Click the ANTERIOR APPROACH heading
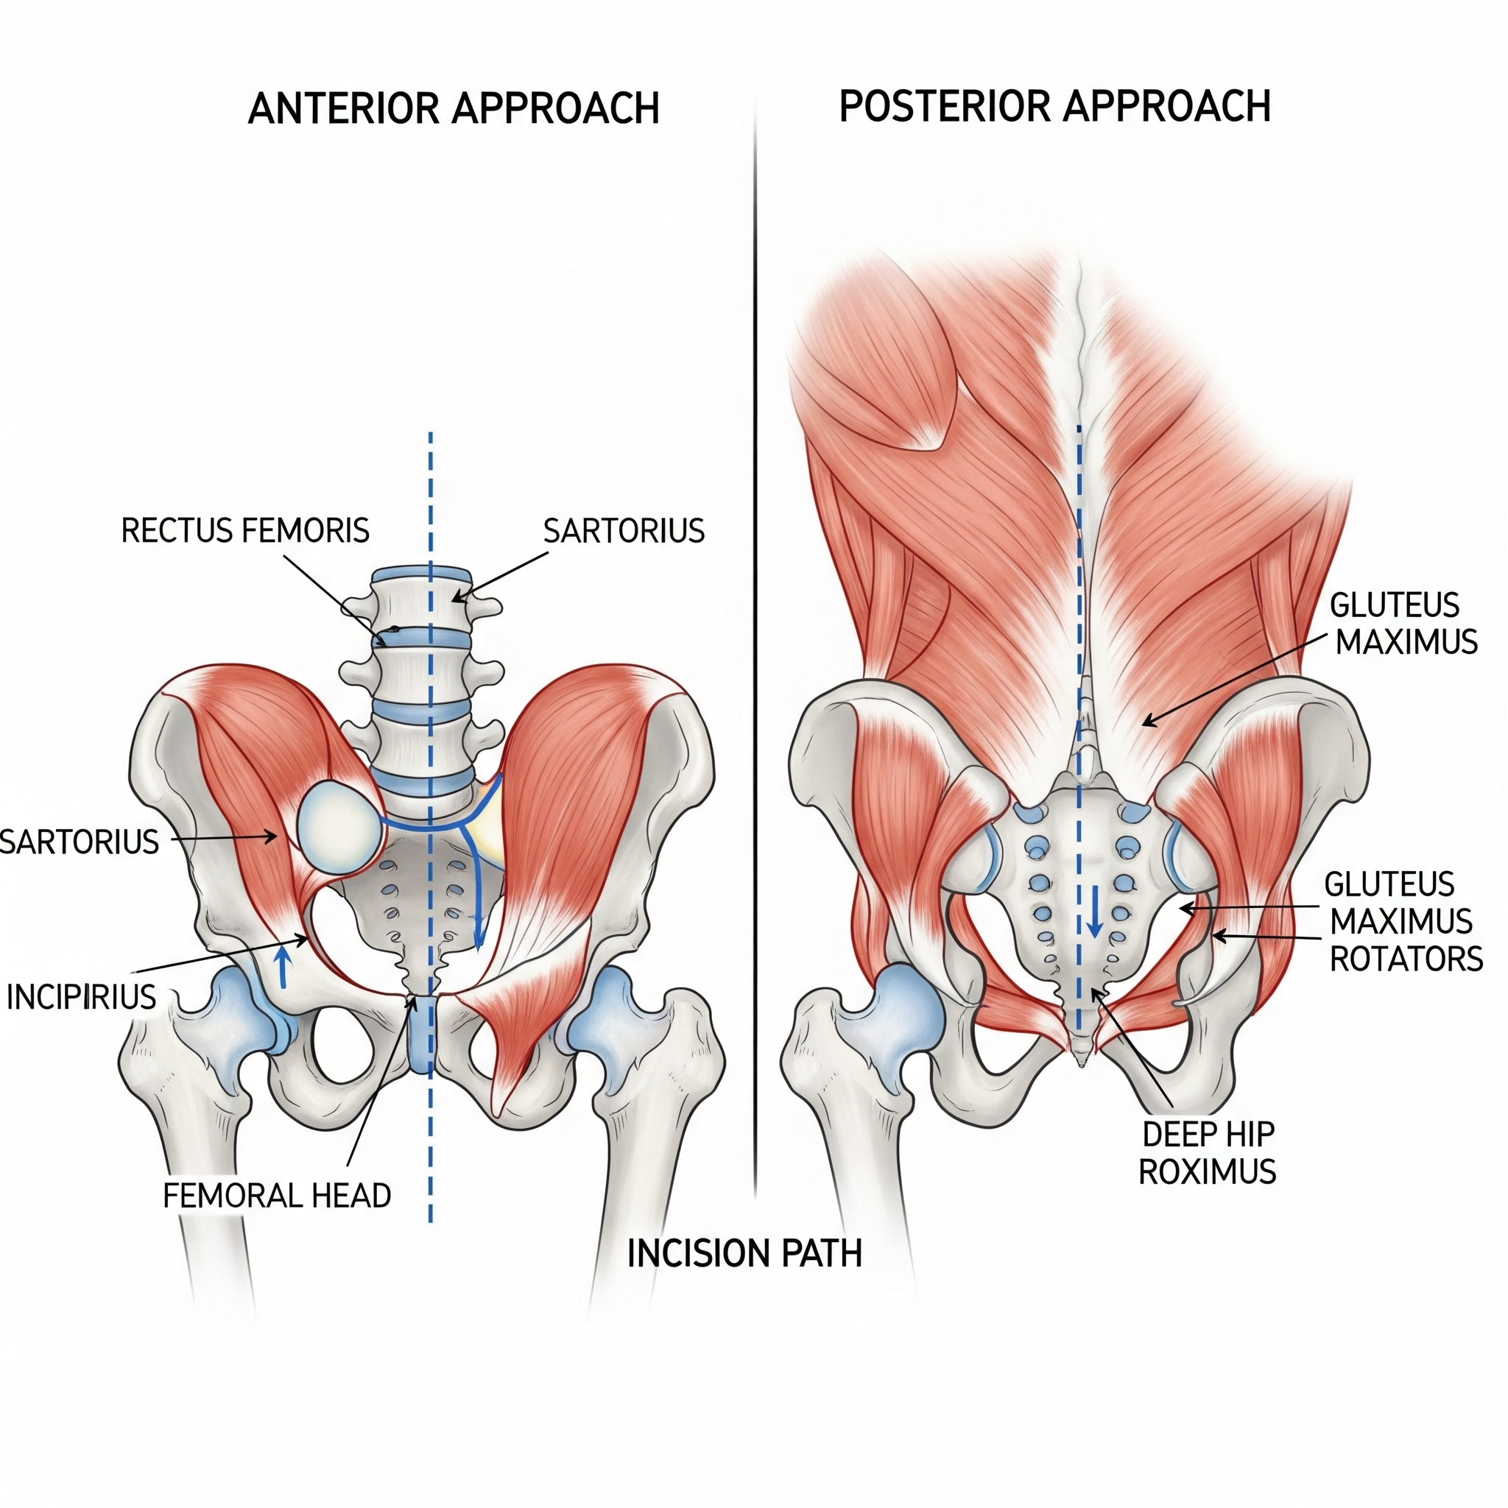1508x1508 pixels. (x=454, y=108)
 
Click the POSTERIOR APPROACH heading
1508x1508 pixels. (x=1054, y=106)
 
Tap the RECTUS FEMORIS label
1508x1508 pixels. (x=245, y=531)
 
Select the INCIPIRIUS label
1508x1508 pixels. (x=81, y=997)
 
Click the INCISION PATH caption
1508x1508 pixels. (x=744, y=1253)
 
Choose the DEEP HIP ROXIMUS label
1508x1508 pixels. (x=1207, y=1153)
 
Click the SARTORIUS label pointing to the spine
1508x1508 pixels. (x=624, y=532)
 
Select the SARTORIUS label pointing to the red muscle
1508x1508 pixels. (x=80, y=842)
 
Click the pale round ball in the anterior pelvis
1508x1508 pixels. (x=338, y=827)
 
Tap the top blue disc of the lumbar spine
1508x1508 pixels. (x=421, y=574)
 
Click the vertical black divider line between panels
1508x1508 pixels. (x=755, y=624)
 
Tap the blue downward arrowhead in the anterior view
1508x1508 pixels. (x=479, y=938)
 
